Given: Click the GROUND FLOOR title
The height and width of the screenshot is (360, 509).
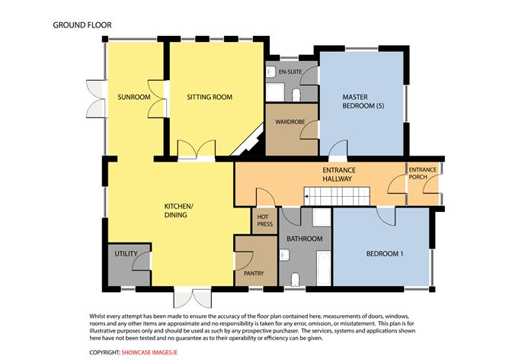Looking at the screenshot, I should [82, 24].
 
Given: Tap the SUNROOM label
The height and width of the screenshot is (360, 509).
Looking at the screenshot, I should [133, 98].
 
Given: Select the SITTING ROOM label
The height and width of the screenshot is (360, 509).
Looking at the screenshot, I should [210, 98].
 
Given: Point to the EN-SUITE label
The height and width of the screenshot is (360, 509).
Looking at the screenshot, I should [290, 72].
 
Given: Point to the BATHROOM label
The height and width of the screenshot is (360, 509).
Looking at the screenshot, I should [304, 239].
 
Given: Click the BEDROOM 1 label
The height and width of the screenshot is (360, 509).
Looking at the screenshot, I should [385, 254].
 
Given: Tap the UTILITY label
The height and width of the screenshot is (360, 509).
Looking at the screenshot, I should [126, 254].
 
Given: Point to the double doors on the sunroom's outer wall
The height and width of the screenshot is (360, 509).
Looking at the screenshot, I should [94, 98].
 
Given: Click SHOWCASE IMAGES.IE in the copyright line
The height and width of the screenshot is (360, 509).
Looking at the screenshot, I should [152, 352].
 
